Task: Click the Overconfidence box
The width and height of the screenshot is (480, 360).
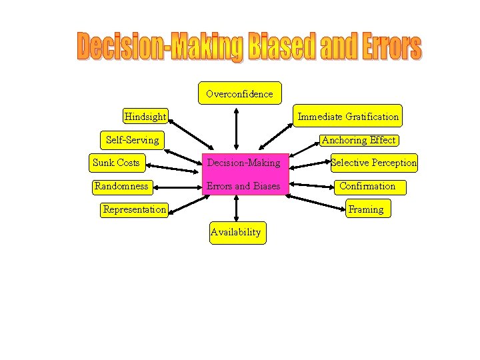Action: point(239,93)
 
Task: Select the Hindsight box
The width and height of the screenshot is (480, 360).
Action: point(145,117)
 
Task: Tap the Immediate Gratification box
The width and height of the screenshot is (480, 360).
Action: point(348,116)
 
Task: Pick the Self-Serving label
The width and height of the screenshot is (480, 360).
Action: point(133,140)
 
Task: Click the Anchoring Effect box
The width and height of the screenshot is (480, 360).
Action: point(359,140)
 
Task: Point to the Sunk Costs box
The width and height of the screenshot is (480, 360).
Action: point(117,163)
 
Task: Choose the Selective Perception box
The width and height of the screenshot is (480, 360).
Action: point(373,163)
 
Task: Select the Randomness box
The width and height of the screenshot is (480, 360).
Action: point(121,186)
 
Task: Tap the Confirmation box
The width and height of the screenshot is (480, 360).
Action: point(367,186)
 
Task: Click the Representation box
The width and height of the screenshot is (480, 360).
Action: point(134,209)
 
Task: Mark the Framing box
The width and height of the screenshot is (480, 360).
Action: point(366,209)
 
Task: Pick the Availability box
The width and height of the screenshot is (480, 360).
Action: point(236,233)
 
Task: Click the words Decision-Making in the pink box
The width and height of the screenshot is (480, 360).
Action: point(243,163)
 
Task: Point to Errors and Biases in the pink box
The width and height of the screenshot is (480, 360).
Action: point(243,186)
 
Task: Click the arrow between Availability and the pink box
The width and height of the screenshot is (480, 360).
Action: point(236,209)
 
